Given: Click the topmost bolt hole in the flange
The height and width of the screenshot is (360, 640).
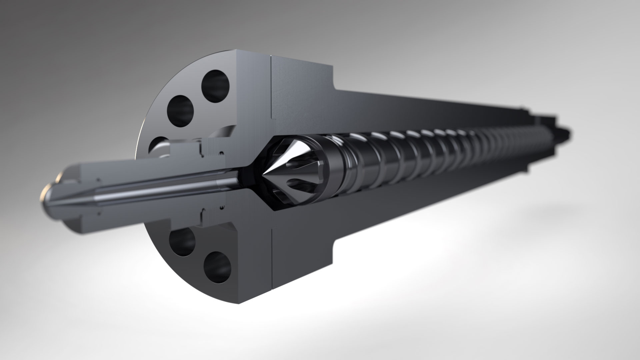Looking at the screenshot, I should [216, 83].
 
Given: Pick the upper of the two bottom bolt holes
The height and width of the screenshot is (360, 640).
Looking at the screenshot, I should [182, 241].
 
